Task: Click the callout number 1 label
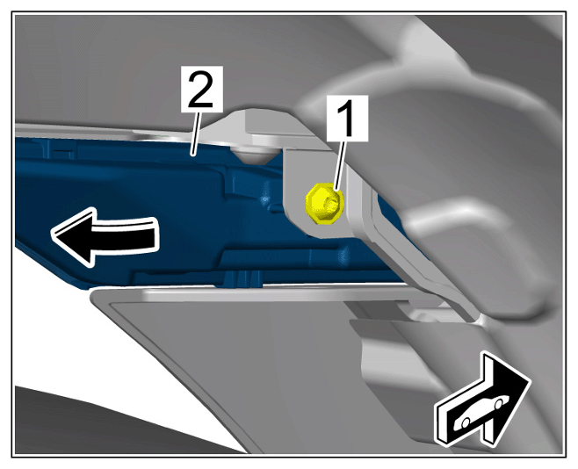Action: click(x=348, y=118)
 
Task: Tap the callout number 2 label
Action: click(x=202, y=89)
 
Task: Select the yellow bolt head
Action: click(x=325, y=203)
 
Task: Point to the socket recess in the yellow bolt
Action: click(x=330, y=203)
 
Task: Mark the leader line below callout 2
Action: click(x=196, y=133)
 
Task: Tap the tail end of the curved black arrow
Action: click(x=155, y=234)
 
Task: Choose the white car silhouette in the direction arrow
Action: click(x=481, y=412)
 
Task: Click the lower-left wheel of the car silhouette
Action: click(x=466, y=422)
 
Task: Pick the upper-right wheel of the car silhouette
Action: click(x=499, y=404)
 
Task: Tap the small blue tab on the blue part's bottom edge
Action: click(x=243, y=278)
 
